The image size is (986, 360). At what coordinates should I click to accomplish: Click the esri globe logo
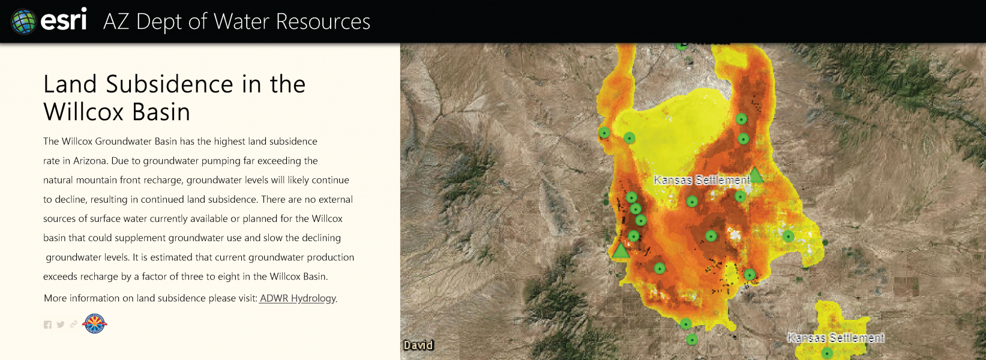click(23, 22)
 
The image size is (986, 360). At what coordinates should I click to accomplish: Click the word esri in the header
click(64, 20)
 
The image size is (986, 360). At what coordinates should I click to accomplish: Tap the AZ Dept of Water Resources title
click(236, 22)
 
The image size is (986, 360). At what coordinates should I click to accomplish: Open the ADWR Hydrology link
click(298, 298)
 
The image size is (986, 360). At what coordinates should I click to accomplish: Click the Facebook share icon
click(47, 325)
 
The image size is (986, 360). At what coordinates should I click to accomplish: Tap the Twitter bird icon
click(61, 325)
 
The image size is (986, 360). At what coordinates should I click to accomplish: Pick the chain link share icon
click(74, 324)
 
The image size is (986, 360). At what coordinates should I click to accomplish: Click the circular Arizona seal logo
click(95, 324)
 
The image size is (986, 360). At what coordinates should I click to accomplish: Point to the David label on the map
click(418, 345)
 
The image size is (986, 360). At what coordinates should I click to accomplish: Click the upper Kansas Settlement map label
click(702, 180)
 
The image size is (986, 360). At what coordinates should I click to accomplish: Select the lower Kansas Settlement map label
click(835, 338)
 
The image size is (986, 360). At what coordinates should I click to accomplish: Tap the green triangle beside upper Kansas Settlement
click(756, 175)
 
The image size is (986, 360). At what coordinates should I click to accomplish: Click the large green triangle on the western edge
click(621, 250)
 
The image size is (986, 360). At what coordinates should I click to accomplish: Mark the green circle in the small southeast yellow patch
click(827, 353)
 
